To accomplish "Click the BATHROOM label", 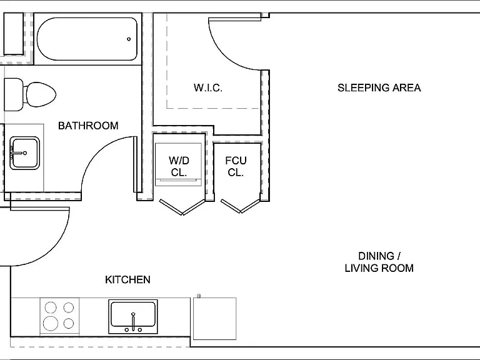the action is pyautogui.click(x=88, y=126).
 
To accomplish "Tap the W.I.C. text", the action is pyautogui.click(x=208, y=88).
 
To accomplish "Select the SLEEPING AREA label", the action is pyautogui.click(x=379, y=88).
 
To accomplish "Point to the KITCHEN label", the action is pyautogui.click(x=127, y=279).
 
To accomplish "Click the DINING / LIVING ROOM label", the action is pyautogui.click(x=379, y=262).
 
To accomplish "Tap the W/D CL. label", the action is pyautogui.click(x=179, y=166).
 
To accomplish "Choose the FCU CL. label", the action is pyautogui.click(x=236, y=166).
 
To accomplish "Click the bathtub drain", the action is pyautogui.click(x=129, y=39).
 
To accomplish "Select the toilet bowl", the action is pyautogui.click(x=41, y=94).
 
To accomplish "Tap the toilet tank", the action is pyautogui.click(x=14, y=94).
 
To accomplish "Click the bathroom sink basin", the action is pyautogui.click(x=24, y=153).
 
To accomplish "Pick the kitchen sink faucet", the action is pyautogui.click(x=133, y=321).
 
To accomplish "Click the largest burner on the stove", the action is pyautogui.click(x=51, y=323).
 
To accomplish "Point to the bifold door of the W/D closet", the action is pyautogui.click(x=182, y=207).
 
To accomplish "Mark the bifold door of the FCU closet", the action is pyautogui.click(x=241, y=206).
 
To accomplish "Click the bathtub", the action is pyautogui.click(x=87, y=39).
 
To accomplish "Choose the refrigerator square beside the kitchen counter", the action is pyautogui.click(x=214, y=318).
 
